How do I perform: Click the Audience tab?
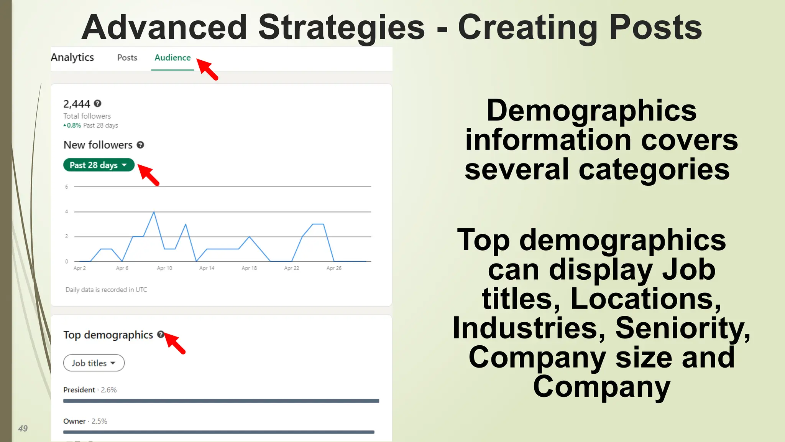pyautogui.click(x=172, y=58)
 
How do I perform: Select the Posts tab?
pyautogui.click(x=127, y=58)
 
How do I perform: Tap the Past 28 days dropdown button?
pyautogui.click(x=99, y=165)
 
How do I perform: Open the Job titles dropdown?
pyautogui.click(x=94, y=363)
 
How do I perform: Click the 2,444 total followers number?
pyautogui.click(x=77, y=104)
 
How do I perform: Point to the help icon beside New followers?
pyautogui.click(x=140, y=145)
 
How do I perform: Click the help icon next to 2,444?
pyautogui.click(x=98, y=104)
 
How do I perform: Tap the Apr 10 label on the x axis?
pyautogui.click(x=164, y=268)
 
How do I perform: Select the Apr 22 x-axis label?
pyautogui.click(x=291, y=268)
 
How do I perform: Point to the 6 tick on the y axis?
pyautogui.click(x=66, y=187)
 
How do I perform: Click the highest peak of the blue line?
pyautogui.click(x=154, y=212)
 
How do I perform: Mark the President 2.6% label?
pyautogui.click(x=90, y=390)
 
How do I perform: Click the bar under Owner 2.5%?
pyautogui.click(x=218, y=432)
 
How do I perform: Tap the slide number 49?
pyautogui.click(x=23, y=429)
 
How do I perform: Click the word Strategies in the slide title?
pyautogui.click(x=341, y=28)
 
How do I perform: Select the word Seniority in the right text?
pyautogui.click(x=682, y=328)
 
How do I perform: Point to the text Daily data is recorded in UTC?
pyautogui.click(x=106, y=290)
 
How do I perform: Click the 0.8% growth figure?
pyautogui.click(x=74, y=125)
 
